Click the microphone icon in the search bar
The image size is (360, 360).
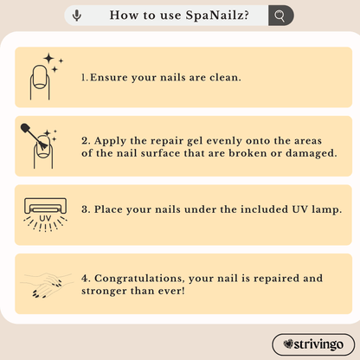coord(77,16)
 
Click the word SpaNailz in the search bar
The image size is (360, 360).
coord(217,16)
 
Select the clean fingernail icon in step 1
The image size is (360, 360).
coord(40,82)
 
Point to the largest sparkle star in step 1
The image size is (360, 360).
coord(49,58)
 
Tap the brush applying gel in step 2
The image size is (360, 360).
coord(34,137)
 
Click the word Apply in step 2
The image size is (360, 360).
coord(110,141)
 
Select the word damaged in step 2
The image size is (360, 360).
coord(311,153)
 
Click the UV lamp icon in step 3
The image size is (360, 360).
coord(45,215)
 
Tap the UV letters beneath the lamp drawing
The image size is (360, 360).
coord(45,218)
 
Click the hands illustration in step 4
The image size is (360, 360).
coord(46,285)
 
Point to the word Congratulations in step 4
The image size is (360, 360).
coord(139,279)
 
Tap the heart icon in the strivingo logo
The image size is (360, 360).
coord(288,344)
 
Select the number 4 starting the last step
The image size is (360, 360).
coord(85,279)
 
